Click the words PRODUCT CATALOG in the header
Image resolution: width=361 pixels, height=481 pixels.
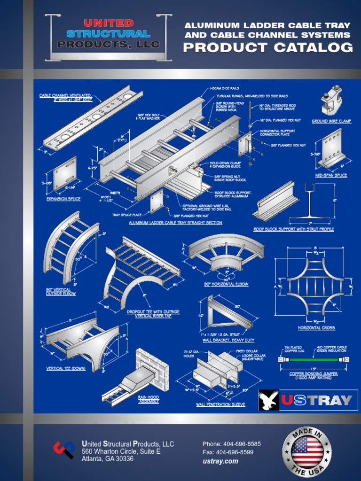click(x=268, y=47)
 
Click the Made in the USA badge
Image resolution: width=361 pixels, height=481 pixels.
click(x=307, y=450)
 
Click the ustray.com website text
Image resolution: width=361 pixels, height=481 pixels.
click(x=220, y=461)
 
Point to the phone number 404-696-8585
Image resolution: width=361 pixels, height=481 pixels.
click(x=232, y=444)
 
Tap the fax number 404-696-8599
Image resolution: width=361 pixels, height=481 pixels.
click(x=228, y=452)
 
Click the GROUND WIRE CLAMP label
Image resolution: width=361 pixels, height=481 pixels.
click(x=331, y=121)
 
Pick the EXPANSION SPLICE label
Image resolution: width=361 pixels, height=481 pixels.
click(x=63, y=199)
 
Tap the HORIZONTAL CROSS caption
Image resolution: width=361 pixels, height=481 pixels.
click(x=316, y=327)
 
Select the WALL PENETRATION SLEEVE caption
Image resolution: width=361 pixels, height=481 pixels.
click(x=220, y=404)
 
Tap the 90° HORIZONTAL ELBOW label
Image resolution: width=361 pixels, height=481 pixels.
click(x=227, y=284)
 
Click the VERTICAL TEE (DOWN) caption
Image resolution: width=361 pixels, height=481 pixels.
click(x=66, y=369)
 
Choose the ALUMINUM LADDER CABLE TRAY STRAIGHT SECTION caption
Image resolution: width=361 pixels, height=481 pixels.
click(x=175, y=223)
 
